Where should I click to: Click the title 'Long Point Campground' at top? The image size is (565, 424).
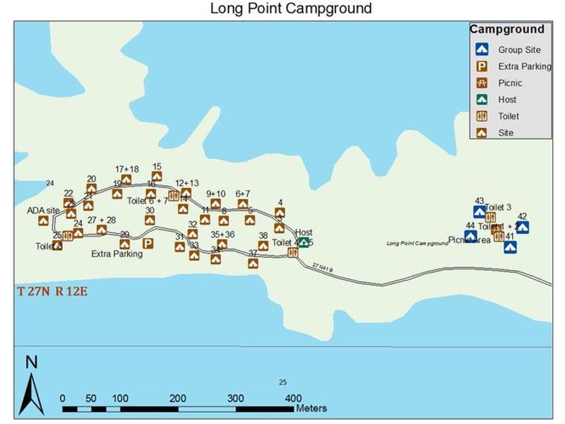(x=290, y=8)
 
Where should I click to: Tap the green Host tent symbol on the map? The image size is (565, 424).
(x=304, y=242)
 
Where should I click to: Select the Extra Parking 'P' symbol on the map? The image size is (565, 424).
(x=148, y=244)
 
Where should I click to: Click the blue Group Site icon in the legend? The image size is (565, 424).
(x=482, y=50)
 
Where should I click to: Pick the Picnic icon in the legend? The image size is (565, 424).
(x=482, y=83)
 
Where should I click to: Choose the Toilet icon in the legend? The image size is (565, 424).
(x=482, y=116)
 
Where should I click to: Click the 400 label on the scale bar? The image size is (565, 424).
(x=292, y=397)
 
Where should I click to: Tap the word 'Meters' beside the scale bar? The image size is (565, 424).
(x=311, y=408)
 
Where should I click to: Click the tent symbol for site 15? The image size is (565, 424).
(x=157, y=177)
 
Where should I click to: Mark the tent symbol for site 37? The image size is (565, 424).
(x=253, y=263)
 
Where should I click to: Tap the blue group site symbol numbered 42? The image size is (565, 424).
(x=523, y=227)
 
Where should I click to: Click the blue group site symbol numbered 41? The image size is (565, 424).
(x=510, y=247)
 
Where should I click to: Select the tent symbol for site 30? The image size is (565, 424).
(x=150, y=220)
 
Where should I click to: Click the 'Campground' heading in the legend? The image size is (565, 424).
(x=507, y=30)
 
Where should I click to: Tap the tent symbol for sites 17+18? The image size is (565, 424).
(x=126, y=179)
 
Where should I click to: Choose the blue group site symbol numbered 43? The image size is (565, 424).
(x=479, y=211)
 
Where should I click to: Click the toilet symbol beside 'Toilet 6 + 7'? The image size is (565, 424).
(x=173, y=196)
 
